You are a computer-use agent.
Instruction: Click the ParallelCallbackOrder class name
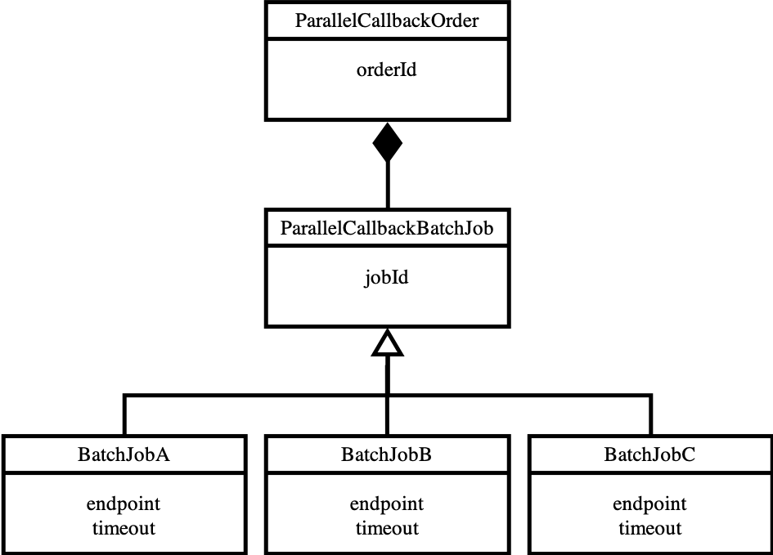(x=387, y=21)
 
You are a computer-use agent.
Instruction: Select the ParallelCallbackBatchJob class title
(x=387, y=228)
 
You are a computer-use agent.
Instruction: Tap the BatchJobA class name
(x=124, y=454)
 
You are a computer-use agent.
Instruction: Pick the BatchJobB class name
(x=387, y=454)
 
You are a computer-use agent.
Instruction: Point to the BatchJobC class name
(x=650, y=454)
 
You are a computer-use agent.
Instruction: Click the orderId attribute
(x=387, y=69)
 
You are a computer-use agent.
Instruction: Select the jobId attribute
(x=387, y=277)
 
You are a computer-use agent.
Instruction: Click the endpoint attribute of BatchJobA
(x=124, y=504)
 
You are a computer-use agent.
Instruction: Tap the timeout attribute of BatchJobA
(x=124, y=528)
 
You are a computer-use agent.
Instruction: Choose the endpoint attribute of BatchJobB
(x=387, y=504)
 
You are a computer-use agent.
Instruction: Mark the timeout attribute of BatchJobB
(x=387, y=528)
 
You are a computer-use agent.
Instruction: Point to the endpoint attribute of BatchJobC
(x=650, y=504)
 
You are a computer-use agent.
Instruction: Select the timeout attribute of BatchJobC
(x=650, y=528)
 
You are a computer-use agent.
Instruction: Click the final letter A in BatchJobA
(x=163, y=454)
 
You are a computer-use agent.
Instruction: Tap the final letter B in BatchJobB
(x=425, y=454)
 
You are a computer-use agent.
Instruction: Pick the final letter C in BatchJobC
(x=689, y=454)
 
